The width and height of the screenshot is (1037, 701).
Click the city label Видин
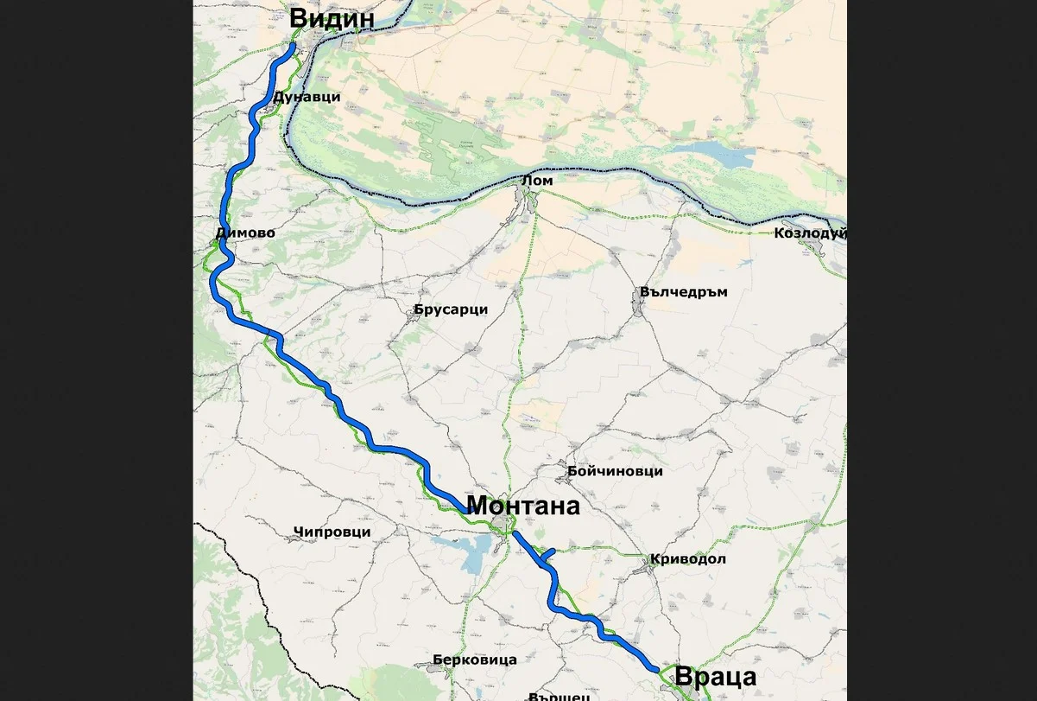[x=332, y=18]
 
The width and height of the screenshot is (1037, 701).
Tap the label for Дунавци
[x=307, y=98]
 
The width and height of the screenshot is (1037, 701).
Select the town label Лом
[x=537, y=180]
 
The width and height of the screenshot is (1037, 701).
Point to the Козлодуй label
[x=809, y=233]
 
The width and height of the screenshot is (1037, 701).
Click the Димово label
[x=246, y=233]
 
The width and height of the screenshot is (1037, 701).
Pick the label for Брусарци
[x=451, y=309]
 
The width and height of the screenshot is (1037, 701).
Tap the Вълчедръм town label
[x=684, y=292]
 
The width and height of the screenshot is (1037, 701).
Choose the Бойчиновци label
[x=615, y=471]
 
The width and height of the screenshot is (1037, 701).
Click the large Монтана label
[x=522, y=506]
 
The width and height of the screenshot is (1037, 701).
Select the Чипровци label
[x=332, y=532]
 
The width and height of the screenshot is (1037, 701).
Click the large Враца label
[x=716, y=677]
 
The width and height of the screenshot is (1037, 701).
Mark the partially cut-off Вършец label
[x=560, y=695]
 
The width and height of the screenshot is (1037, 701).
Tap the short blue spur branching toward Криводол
[x=547, y=554]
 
